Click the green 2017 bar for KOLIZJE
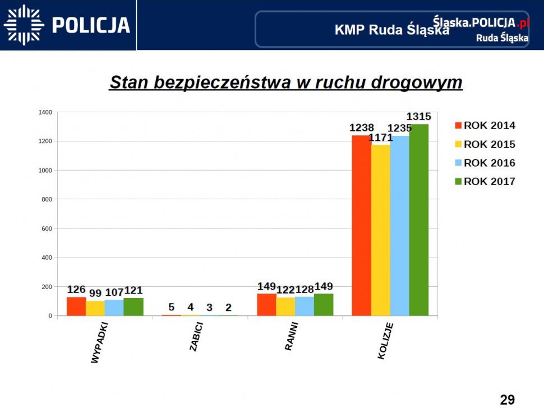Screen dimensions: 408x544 [x=419, y=219]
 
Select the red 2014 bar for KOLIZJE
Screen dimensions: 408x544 [x=361, y=225]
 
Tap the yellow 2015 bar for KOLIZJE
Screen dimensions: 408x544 [x=381, y=230]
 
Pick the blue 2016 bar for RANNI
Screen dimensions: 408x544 [x=305, y=306]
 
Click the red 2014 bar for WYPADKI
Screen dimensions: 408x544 [x=76, y=306]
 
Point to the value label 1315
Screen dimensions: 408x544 [x=418, y=117]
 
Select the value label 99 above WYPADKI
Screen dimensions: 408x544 [x=95, y=294]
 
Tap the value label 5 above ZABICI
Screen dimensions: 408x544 [x=172, y=307]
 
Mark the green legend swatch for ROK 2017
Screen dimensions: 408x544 [x=458, y=181]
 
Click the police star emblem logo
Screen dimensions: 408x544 [x=24, y=25]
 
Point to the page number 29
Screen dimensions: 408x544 [x=507, y=400]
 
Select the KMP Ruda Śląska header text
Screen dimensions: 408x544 [x=391, y=30]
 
